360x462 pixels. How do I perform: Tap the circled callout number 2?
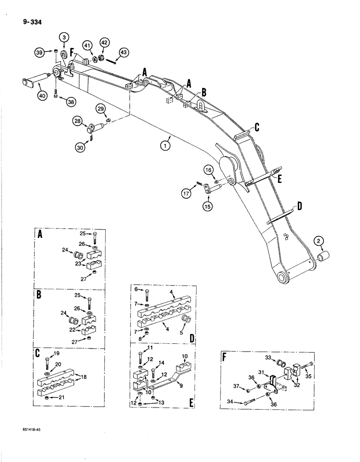[x=318, y=240]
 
